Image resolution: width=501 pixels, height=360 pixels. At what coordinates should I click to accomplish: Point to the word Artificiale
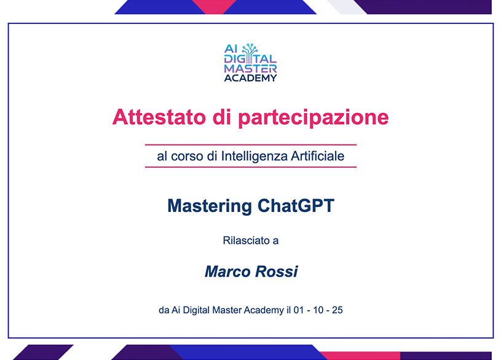point(318,156)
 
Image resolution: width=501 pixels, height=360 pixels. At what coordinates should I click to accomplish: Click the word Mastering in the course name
point(210,205)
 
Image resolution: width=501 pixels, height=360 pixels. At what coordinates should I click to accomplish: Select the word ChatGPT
point(296,205)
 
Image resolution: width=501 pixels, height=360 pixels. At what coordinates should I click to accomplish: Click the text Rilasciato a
point(251,240)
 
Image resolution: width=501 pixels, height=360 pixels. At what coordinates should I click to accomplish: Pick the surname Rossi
point(277,271)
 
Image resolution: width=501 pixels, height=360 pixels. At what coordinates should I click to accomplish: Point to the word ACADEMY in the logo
point(251,78)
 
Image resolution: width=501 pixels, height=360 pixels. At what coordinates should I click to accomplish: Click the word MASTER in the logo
point(251,69)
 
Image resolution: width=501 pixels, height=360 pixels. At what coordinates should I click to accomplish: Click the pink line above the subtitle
point(251,145)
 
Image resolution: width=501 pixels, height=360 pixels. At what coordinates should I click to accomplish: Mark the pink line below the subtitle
point(251,166)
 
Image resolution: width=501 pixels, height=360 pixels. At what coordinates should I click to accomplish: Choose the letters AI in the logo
point(231,49)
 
